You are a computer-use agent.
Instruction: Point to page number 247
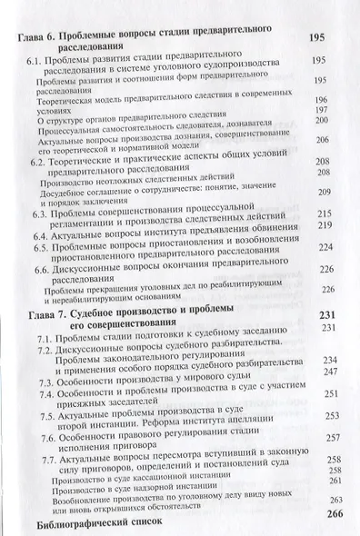click(325, 372)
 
